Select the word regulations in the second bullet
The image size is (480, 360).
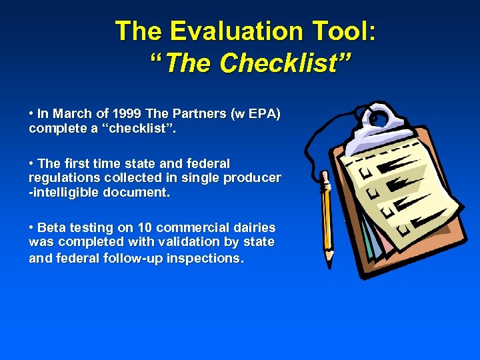click(61, 178)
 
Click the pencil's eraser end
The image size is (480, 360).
click(325, 176)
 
